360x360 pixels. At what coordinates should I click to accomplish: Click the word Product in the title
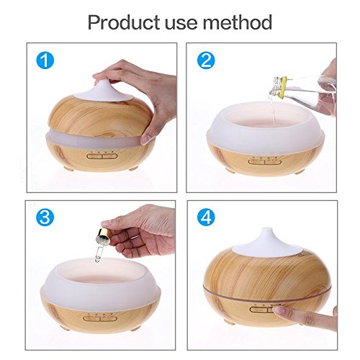pos(124,22)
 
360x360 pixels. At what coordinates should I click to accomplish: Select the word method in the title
pos(238,22)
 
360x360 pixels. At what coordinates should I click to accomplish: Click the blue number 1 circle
pos(45,60)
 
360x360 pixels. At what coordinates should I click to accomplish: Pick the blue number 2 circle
pos(206,60)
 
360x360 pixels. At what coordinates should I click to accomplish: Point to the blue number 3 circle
pos(45,217)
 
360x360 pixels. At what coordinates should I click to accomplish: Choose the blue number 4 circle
pos(206,217)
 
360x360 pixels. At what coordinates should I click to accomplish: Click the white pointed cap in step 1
pos(103,91)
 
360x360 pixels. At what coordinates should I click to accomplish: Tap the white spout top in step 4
pos(266,243)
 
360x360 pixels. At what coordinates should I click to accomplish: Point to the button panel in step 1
pos(102,156)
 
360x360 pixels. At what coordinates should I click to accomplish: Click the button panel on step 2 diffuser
pos(264,161)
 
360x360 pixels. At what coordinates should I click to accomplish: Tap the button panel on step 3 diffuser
pos(100,318)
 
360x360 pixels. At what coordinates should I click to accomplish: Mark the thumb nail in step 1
pos(146,140)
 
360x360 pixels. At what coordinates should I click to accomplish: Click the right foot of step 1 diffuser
pos(133,168)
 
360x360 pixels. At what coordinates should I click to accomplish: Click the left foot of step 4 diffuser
pos(227,321)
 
